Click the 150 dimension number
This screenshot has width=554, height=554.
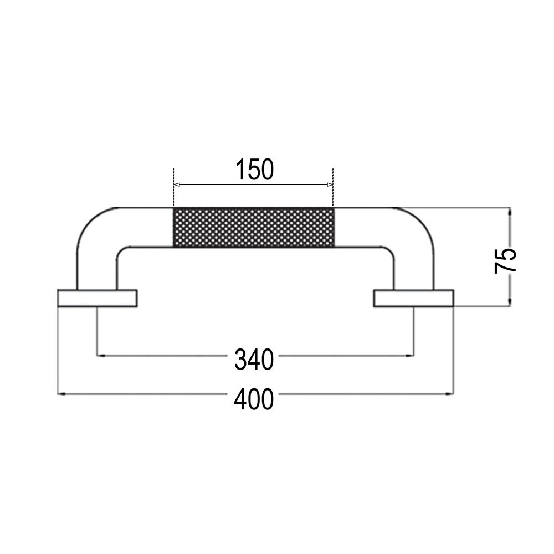pyautogui.click(x=254, y=170)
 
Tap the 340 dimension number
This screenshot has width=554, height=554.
pyautogui.click(x=254, y=360)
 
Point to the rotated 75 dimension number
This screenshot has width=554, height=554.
pyautogui.click(x=506, y=259)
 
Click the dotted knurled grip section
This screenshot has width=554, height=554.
pyautogui.click(x=254, y=227)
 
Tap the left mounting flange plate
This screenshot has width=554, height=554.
pyautogui.click(x=97, y=297)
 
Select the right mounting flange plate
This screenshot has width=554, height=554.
pyautogui.click(x=413, y=297)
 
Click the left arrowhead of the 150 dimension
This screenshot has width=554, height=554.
pyautogui.click(x=177, y=184)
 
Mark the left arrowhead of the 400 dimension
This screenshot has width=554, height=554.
pyautogui.click(x=61, y=394)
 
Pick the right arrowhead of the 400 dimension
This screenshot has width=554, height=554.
pyautogui.click(x=450, y=394)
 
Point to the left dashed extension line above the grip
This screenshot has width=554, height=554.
pyautogui.click(x=173, y=188)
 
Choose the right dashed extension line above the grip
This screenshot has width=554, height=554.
pyautogui.click(x=332, y=188)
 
